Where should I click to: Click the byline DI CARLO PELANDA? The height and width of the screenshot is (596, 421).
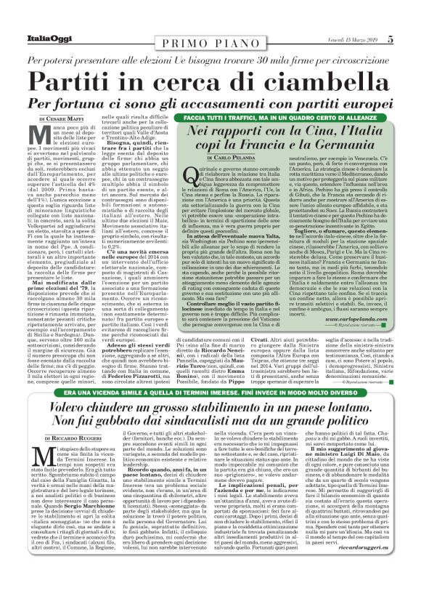point(229,157)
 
